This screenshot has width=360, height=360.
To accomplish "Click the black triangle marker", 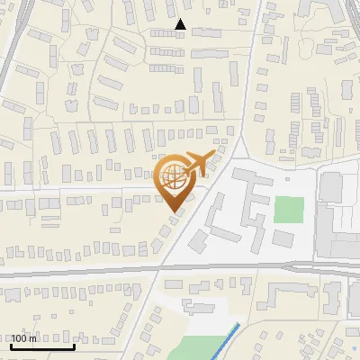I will coord(180,24).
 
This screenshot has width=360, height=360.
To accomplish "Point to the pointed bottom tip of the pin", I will coord(175,211).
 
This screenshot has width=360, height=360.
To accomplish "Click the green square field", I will coord(289,210).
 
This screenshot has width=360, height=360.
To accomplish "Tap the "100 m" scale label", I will coord(23,337).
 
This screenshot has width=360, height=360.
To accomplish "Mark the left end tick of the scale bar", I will coord(11,344).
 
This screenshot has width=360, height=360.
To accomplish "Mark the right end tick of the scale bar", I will coord(74,344).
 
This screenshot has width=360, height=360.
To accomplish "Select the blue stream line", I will coord(224,339).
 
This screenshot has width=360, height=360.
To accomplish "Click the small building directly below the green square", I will coord(283,238).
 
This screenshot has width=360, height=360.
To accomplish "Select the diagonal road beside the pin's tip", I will coord(193,225).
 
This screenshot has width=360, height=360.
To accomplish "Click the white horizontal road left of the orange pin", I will coord(72,189).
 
